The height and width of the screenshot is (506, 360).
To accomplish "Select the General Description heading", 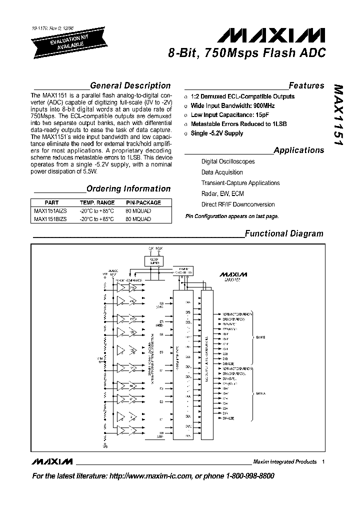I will tap(130, 85).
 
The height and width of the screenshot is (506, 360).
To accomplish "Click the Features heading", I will tap(306, 85).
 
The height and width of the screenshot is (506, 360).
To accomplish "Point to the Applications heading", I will tap(299, 150).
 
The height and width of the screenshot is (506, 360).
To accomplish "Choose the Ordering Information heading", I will tap(128, 188).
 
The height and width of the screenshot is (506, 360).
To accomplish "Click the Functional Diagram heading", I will tap(283, 233).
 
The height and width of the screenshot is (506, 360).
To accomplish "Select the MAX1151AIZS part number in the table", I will tap(49, 211).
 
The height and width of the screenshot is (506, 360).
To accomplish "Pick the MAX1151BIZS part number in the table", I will tap(49, 219).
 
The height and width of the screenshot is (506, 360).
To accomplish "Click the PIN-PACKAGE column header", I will tap(143, 203).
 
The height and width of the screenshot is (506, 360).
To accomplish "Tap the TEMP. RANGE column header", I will tap(97, 203).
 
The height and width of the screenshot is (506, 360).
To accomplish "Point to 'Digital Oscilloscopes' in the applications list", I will tap(228, 161).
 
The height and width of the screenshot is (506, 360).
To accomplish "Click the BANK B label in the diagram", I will tap(260, 337).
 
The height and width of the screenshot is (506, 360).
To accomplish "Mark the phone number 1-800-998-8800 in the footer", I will tap(244, 476).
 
